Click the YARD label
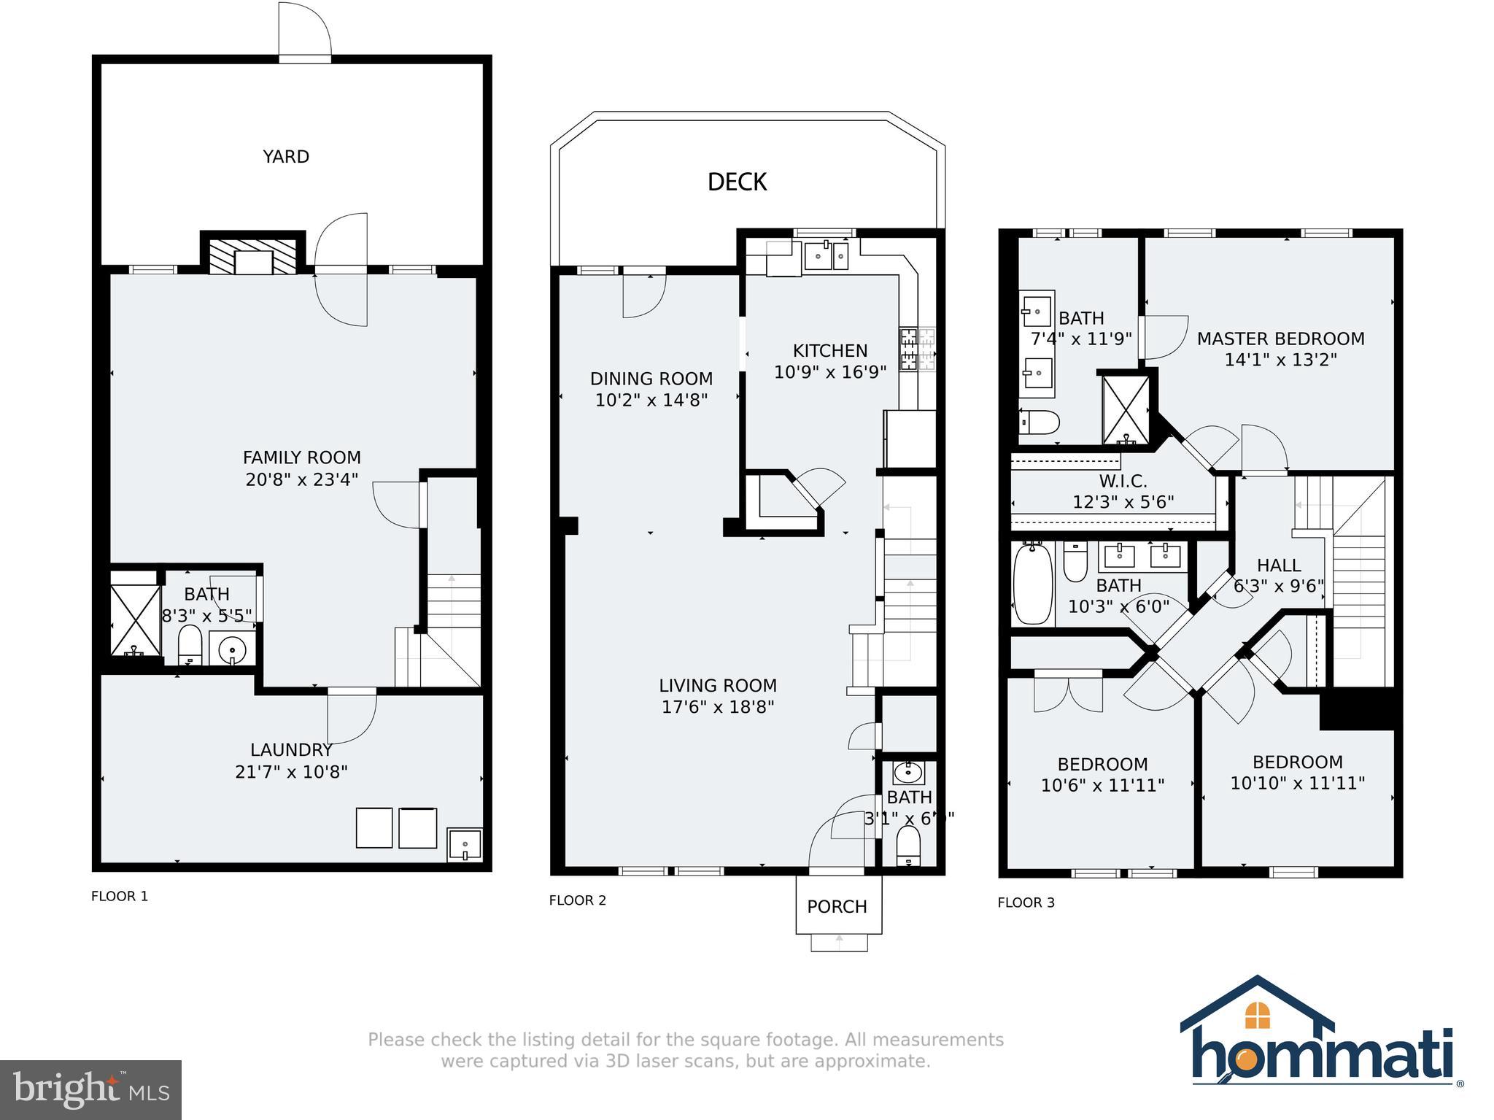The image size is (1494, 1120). point(286,157)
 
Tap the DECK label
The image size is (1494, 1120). point(737,182)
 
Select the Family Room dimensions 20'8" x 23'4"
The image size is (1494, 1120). point(302,479)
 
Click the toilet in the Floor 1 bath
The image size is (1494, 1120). point(190,644)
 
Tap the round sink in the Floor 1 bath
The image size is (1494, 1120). point(233,648)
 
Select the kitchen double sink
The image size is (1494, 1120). point(826,256)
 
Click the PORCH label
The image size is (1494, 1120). point(837,907)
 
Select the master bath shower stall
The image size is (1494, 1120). point(1126,411)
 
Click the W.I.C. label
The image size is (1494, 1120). point(1123,482)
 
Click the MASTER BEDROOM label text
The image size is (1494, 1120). point(1280,339)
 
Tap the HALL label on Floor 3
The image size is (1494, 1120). point(1278,565)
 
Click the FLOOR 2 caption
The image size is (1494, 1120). point(577,900)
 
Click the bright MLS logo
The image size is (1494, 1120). point(90,1089)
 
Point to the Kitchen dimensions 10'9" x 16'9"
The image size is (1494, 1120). point(830,372)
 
